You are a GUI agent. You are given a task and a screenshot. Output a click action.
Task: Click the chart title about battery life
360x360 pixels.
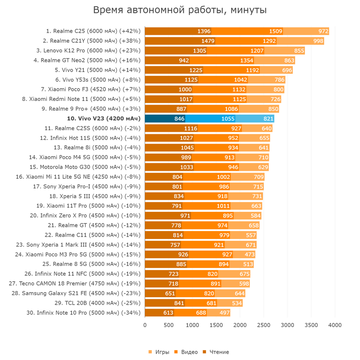pos(180,10)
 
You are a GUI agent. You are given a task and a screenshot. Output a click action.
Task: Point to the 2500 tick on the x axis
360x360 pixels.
pos(264,325)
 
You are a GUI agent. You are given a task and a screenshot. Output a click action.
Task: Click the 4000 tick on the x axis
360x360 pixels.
pos(335,325)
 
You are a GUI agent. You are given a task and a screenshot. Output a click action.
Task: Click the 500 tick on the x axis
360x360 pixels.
pos(169,325)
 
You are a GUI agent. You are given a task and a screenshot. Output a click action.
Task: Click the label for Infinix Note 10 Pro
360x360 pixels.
pos(89,313)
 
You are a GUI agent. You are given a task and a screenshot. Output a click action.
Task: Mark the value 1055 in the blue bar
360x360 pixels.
pos(228,118)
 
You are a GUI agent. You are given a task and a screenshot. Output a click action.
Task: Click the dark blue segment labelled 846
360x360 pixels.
pos(179,118)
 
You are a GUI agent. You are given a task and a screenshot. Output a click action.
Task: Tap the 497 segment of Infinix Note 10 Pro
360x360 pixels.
pos(224,313)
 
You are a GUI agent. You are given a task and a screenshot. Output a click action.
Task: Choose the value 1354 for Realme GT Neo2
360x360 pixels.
pos(258,60)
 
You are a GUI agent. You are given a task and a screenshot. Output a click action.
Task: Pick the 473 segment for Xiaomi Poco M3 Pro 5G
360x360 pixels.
pos(249,255)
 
